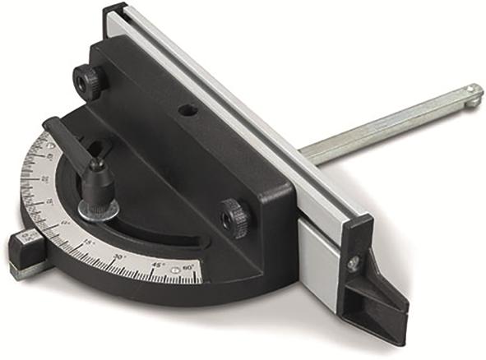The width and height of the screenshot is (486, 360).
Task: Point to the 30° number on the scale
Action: (x=118, y=256)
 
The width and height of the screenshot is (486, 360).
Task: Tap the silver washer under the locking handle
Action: (x=99, y=209)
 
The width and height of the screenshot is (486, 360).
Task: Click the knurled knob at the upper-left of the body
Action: (x=88, y=80)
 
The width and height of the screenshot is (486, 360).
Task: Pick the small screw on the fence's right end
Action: (x=354, y=264)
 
